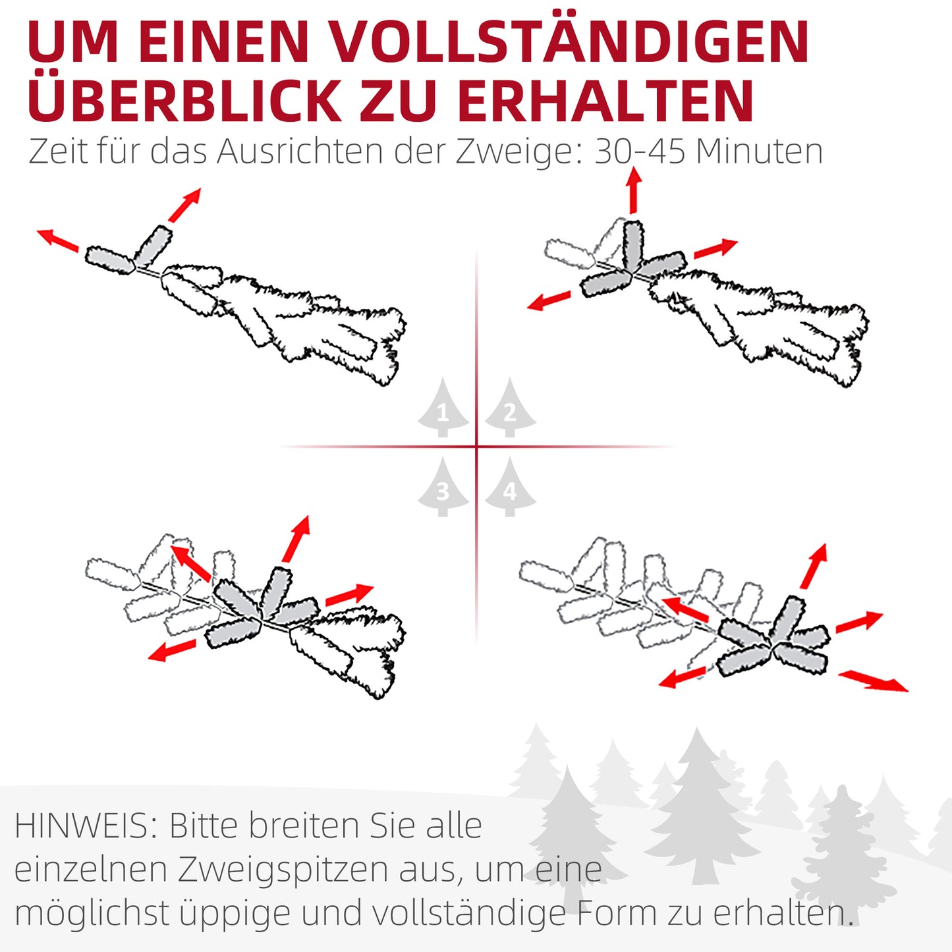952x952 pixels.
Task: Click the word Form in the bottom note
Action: [617, 913]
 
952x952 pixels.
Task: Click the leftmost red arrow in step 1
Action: [57, 240]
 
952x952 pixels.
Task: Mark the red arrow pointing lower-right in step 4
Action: [872, 681]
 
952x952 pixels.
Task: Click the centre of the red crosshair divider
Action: [476, 447]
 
